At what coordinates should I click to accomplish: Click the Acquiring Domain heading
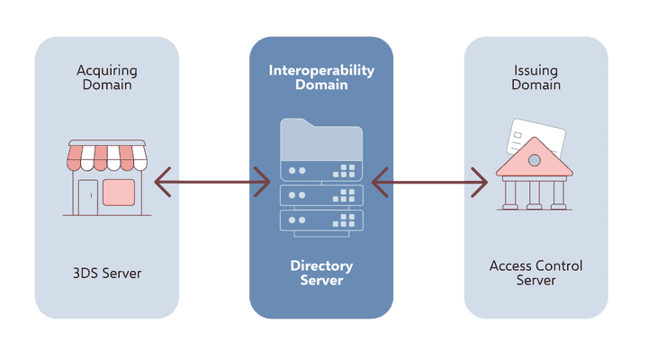[x=107, y=77]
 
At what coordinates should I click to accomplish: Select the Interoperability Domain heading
[x=321, y=77]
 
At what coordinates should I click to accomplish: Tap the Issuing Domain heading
[x=535, y=77]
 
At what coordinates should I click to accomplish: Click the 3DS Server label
[x=107, y=273]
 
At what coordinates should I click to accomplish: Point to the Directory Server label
[x=321, y=273]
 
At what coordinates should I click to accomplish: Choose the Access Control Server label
[x=535, y=273]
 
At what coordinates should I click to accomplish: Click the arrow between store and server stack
[x=212, y=182]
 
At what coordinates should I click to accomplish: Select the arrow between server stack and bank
[x=429, y=182]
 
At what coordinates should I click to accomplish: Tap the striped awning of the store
[x=107, y=157]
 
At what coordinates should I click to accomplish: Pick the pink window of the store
[x=119, y=192]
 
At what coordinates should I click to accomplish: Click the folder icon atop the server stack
[x=321, y=139]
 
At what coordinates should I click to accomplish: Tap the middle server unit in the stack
[x=321, y=194]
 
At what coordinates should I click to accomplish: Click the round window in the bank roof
[x=535, y=159]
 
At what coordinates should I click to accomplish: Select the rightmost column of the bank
[x=559, y=193]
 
